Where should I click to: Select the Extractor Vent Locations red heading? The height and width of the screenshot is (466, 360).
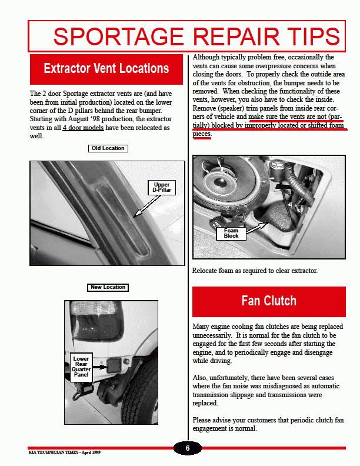(106, 68)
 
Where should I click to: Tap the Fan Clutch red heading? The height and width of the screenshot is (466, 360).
(269, 301)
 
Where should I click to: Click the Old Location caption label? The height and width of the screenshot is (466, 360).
(108, 148)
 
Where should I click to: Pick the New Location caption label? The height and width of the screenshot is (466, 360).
(108, 287)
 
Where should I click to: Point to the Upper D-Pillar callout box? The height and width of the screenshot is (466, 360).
(162, 188)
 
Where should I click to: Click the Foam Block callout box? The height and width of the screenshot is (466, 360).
(231, 234)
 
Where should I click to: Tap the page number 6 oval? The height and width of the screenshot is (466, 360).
(188, 448)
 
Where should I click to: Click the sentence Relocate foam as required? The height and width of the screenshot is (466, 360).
(255, 271)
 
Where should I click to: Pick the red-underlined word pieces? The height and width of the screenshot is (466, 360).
(202, 134)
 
